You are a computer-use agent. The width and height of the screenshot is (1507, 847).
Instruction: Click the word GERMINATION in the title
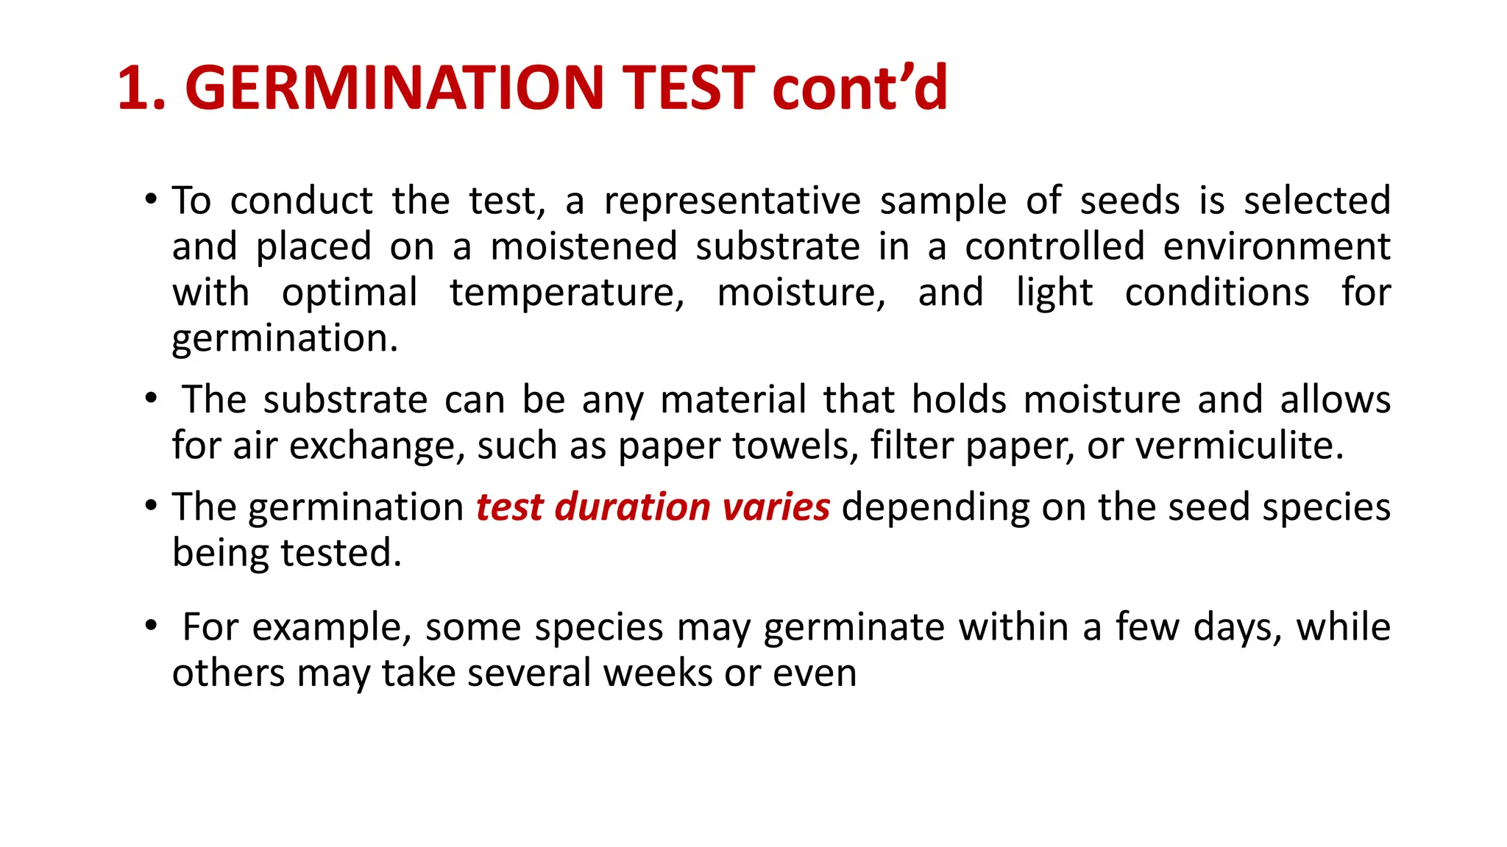(394, 88)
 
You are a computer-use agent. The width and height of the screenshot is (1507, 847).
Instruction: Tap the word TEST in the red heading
(689, 88)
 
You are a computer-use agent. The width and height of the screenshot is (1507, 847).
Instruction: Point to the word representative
(732, 201)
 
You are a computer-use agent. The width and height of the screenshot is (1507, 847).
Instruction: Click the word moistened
(584, 247)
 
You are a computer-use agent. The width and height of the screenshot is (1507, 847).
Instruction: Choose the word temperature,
(567, 293)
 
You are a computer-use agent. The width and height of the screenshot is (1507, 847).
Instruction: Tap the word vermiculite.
(1240, 446)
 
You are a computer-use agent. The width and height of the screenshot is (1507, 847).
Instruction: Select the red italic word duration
(633, 507)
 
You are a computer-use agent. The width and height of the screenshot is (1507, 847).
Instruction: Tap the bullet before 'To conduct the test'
(151, 200)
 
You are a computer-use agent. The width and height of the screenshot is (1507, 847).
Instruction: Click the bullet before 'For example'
(151, 626)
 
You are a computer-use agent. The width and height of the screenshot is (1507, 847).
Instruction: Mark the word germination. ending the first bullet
(285, 340)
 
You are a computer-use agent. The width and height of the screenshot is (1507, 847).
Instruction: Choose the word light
(1054, 293)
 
